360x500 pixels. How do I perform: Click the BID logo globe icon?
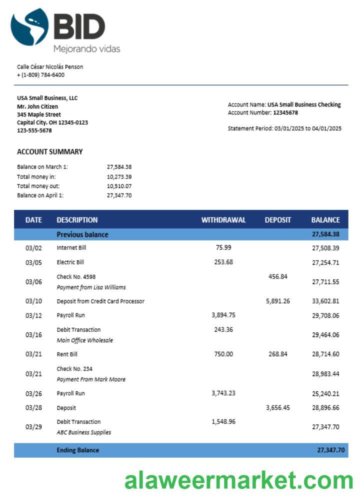point(29,27)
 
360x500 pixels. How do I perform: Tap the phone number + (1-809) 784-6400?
point(40,75)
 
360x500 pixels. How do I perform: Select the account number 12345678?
point(285,112)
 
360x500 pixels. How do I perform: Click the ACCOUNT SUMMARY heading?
point(49,151)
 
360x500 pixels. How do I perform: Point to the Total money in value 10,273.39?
point(119,176)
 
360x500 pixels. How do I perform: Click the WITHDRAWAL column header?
point(223,220)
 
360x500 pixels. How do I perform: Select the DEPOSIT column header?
point(278,220)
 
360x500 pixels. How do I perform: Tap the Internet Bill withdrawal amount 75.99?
point(223,247)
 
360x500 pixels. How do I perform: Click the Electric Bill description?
point(70,262)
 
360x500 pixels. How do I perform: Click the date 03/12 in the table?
point(33,315)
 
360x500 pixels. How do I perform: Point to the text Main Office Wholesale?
point(84,340)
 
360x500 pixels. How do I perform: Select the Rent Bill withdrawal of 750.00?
point(223,354)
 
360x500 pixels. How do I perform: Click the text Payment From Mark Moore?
point(91,379)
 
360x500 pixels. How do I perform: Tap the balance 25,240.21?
point(325,393)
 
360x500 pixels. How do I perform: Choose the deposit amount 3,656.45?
point(278,407)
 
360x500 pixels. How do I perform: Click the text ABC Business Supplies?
point(83,432)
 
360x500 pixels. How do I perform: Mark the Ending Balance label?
point(77,450)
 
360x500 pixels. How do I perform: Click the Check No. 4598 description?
point(76,276)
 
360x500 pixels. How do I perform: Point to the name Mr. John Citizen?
point(37,106)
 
